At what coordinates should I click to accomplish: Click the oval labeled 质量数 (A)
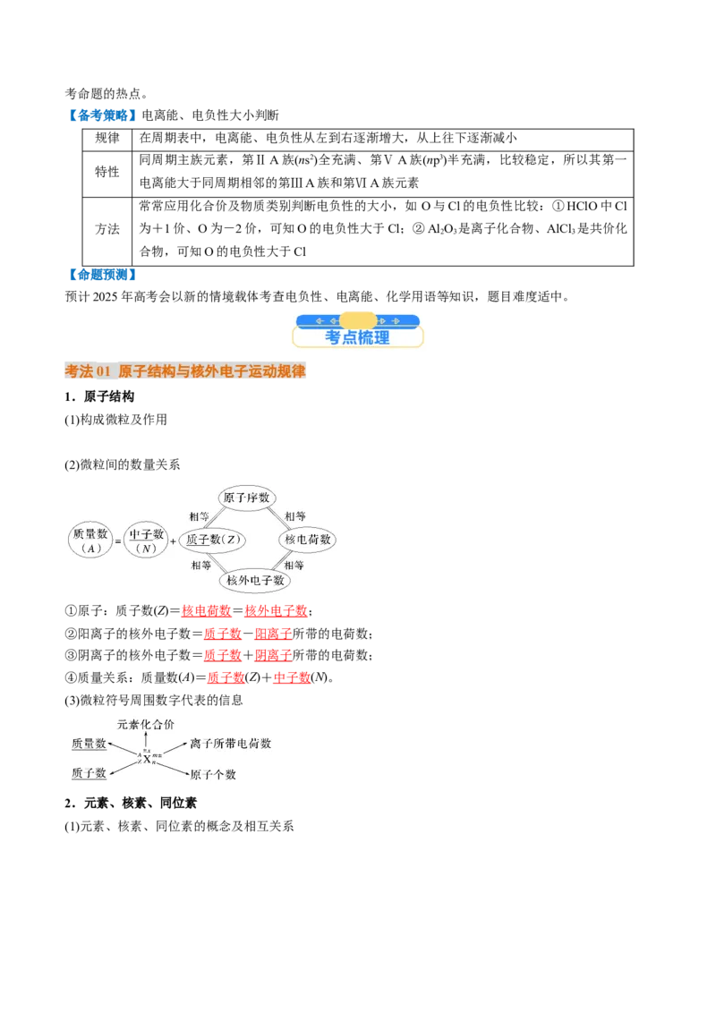tap(89, 541)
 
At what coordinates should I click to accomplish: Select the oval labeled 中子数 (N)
tap(146, 541)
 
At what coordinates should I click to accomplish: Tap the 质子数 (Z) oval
tap(212, 540)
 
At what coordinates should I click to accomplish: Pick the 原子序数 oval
tap(247, 498)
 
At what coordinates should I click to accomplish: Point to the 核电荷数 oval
tap(308, 540)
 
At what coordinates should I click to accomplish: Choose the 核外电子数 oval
tap(256, 580)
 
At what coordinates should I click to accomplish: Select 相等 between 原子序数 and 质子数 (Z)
tap(200, 516)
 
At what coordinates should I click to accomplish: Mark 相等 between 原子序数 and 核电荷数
tap(294, 516)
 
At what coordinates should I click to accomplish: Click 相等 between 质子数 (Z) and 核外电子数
tap(200, 565)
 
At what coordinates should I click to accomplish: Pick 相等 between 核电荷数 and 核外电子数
tap(294, 565)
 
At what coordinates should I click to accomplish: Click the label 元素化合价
tap(146, 723)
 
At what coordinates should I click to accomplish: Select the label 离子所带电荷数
tap(230, 744)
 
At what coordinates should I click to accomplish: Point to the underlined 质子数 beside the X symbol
tap(89, 772)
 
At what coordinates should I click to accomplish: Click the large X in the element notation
tap(147, 759)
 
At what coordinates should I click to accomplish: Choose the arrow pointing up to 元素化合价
tap(147, 740)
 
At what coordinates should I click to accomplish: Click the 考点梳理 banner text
tap(357, 337)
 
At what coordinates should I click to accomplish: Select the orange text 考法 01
tap(87, 371)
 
